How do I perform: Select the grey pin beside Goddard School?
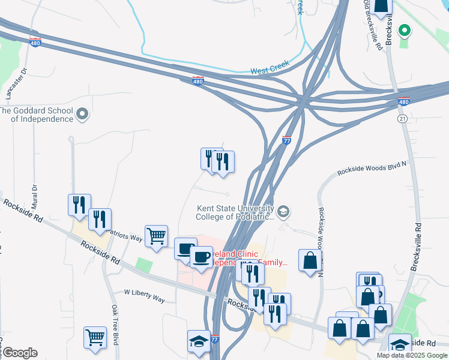pos(83,113)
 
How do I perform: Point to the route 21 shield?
pos(402,119)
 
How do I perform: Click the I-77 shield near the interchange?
pos(287,139)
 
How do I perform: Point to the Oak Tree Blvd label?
pos(114,324)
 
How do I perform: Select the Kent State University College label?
pos(235,212)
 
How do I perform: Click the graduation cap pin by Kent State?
pos(283,211)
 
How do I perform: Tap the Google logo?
pos(19,353)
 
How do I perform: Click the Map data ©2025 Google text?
pos(412,355)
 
